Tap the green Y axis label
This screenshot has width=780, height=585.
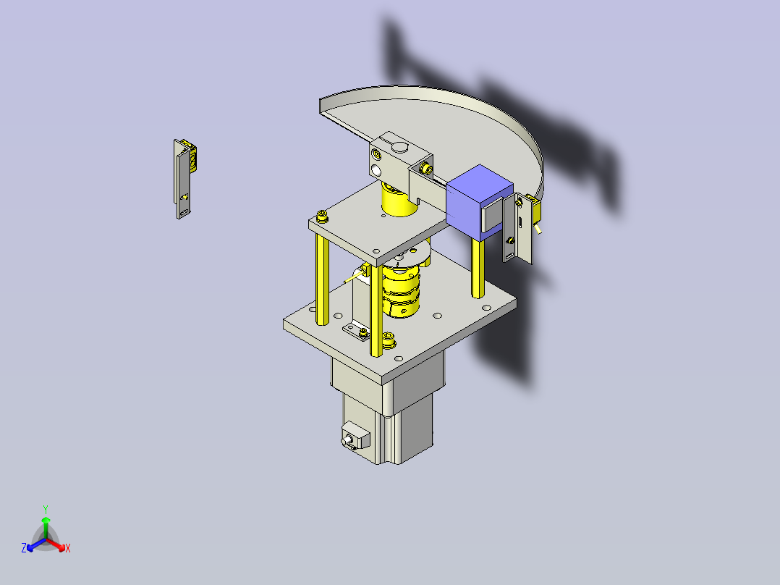[x=46, y=509]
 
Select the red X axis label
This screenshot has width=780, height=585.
[x=68, y=548]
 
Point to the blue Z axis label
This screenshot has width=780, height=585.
[x=24, y=547]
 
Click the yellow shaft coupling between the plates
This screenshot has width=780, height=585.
[x=400, y=292]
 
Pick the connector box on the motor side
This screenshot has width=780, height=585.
[x=355, y=436]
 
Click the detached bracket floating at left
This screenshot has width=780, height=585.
[x=185, y=178]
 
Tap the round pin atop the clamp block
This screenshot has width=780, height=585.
[x=399, y=146]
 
